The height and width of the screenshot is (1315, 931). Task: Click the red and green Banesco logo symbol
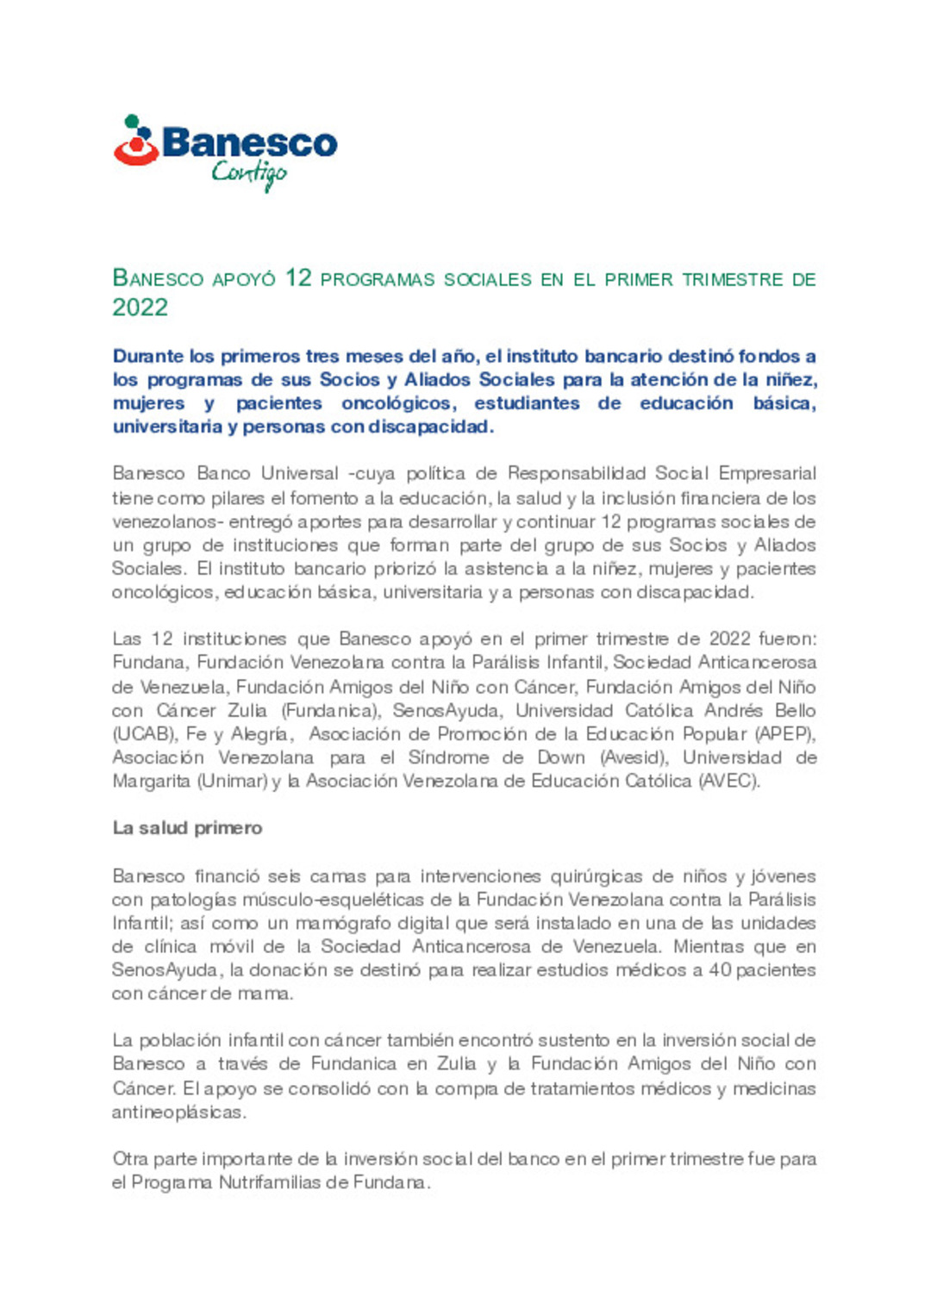tap(136, 141)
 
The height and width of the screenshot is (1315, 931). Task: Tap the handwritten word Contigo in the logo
tap(249, 174)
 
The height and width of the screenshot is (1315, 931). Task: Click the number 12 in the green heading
tap(298, 278)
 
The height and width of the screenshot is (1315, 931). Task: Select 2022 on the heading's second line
tap(140, 308)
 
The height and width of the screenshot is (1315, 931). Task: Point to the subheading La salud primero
tap(187, 828)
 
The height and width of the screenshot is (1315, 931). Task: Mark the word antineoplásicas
tap(178, 1112)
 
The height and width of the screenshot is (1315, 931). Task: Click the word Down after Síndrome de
tap(561, 757)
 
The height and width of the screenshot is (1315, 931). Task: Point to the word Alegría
tap(260, 734)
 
